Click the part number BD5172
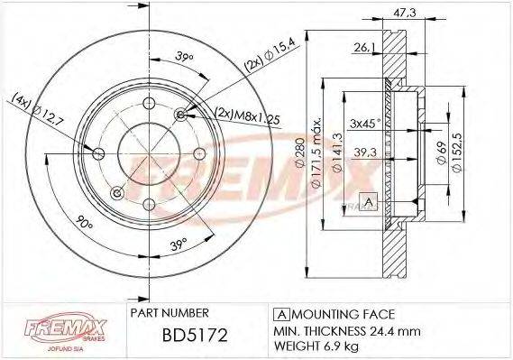pos(187,337)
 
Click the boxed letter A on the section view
pos(367,200)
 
